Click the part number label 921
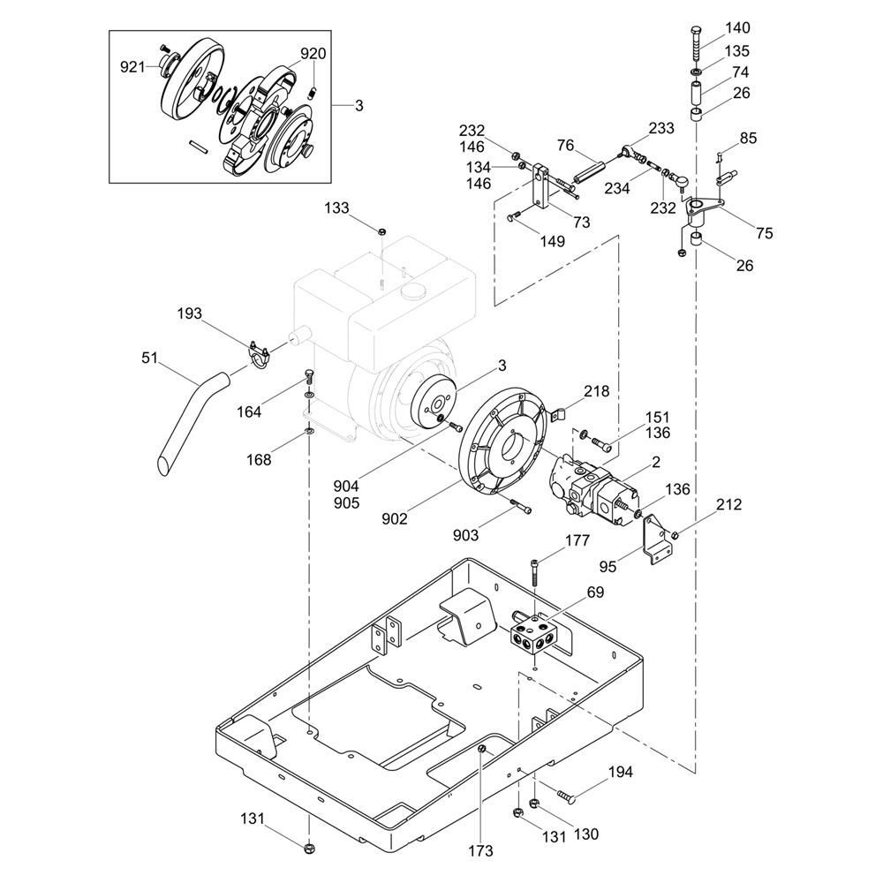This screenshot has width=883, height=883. coord(132,67)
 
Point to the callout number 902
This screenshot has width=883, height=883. coord(394,518)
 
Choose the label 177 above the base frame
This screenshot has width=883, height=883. coord(577,540)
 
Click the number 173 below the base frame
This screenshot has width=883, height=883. coord(480,850)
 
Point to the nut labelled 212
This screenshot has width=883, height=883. coord(676,534)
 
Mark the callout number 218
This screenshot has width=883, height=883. coord(596,391)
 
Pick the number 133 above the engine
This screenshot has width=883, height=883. coord(336,208)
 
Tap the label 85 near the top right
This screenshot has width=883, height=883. coord(749,138)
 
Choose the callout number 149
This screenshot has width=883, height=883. coord(553,241)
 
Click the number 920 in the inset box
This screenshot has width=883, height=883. coord(313,54)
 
